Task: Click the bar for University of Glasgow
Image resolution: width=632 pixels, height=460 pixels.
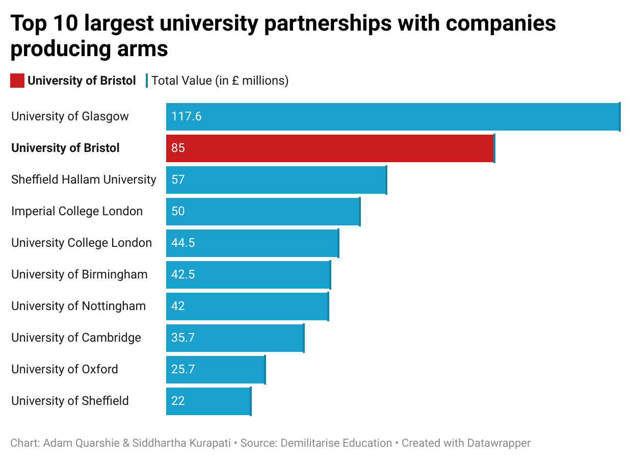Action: pyautogui.click(x=392, y=116)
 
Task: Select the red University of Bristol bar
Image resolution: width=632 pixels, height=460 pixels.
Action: pyautogui.click(x=330, y=148)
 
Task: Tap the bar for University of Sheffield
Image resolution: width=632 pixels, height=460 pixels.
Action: pyautogui.click(x=208, y=401)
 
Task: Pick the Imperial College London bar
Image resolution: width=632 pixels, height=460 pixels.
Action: pyautogui.click(x=263, y=211)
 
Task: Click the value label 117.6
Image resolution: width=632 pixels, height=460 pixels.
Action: pyautogui.click(x=187, y=116)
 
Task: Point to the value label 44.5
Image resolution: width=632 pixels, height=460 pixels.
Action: pyautogui.click(x=183, y=243)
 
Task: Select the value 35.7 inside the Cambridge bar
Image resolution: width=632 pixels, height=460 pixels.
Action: pyautogui.click(x=183, y=338)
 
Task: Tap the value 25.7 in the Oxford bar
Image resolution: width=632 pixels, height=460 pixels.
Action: pyautogui.click(x=183, y=369)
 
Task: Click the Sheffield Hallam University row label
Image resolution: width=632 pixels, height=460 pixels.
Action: pyautogui.click(x=84, y=180)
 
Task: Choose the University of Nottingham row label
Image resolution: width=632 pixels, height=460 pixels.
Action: pyautogui.click(x=78, y=306)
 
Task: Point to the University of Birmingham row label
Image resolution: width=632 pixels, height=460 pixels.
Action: pyautogui.click(x=80, y=274)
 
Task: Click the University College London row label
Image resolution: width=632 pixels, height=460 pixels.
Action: pyautogui.click(x=82, y=243)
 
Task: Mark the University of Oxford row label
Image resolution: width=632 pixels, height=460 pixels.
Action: pyautogui.click(x=65, y=369)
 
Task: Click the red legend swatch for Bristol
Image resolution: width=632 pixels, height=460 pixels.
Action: pyautogui.click(x=17, y=81)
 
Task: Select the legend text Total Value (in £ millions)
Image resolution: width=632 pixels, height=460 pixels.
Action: pyautogui.click(x=220, y=81)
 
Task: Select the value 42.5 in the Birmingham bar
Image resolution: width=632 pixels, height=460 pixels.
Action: pyautogui.click(x=183, y=274)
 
